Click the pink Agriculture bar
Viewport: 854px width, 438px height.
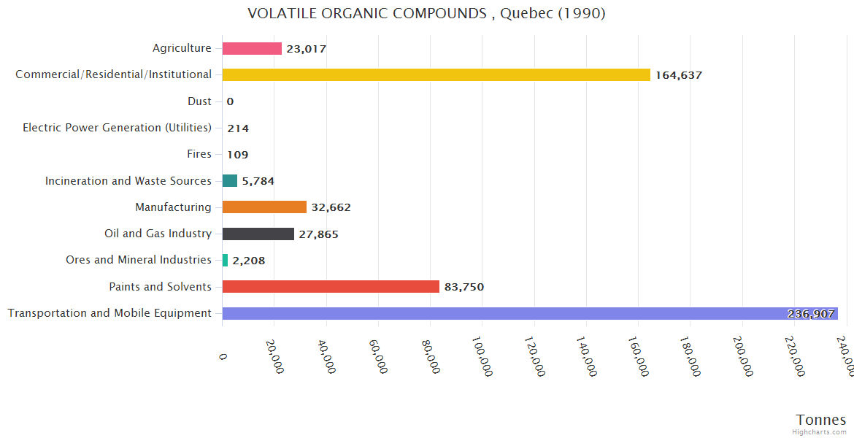[x=252, y=48]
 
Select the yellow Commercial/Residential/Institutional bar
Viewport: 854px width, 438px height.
[x=436, y=74]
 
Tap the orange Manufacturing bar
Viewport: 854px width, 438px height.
[x=264, y=207]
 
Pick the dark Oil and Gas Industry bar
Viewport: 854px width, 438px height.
[x=258, y=234]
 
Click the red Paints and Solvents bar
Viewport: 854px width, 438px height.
[x=331, y=286]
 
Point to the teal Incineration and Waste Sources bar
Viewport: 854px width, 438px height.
[x=230, y=180]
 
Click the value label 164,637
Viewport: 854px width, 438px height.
[x=678, y=75]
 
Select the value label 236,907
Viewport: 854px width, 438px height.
[x=810, y=314]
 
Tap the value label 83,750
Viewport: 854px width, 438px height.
[x=463, y=287]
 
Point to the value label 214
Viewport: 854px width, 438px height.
[x=238, y=128]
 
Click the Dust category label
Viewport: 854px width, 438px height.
[x=199, y=101]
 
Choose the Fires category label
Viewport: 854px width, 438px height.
[x=199, y=154]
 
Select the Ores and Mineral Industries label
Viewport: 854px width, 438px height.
[x=139, y=260]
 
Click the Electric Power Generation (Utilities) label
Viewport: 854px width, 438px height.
[x=117, y=128]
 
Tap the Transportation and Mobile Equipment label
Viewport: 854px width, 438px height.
[x=109, y=313]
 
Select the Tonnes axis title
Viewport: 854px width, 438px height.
[x=821, y=420]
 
